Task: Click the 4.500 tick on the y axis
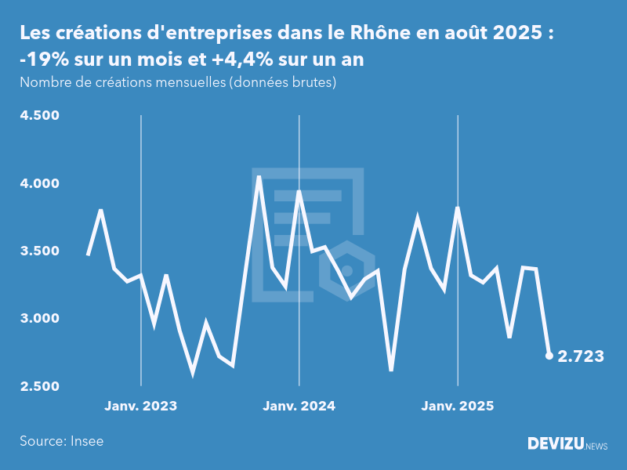click(40, 116)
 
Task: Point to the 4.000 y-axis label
click(40, 183)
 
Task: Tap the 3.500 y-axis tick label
click(40, 251)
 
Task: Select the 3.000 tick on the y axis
click(40, 319)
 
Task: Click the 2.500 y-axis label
click(40, 386)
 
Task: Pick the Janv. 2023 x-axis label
click(141, 406)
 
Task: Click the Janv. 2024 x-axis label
click(299, 406)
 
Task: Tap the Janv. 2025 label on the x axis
click(458, 406)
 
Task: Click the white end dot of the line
click(549, 356)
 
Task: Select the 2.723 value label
click(581, 356)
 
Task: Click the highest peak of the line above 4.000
click(259, 178)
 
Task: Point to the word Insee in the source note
click(86, 441)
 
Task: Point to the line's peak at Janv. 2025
click(458, 208)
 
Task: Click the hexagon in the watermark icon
click(348, 271)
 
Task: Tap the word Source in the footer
click(41, 441)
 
